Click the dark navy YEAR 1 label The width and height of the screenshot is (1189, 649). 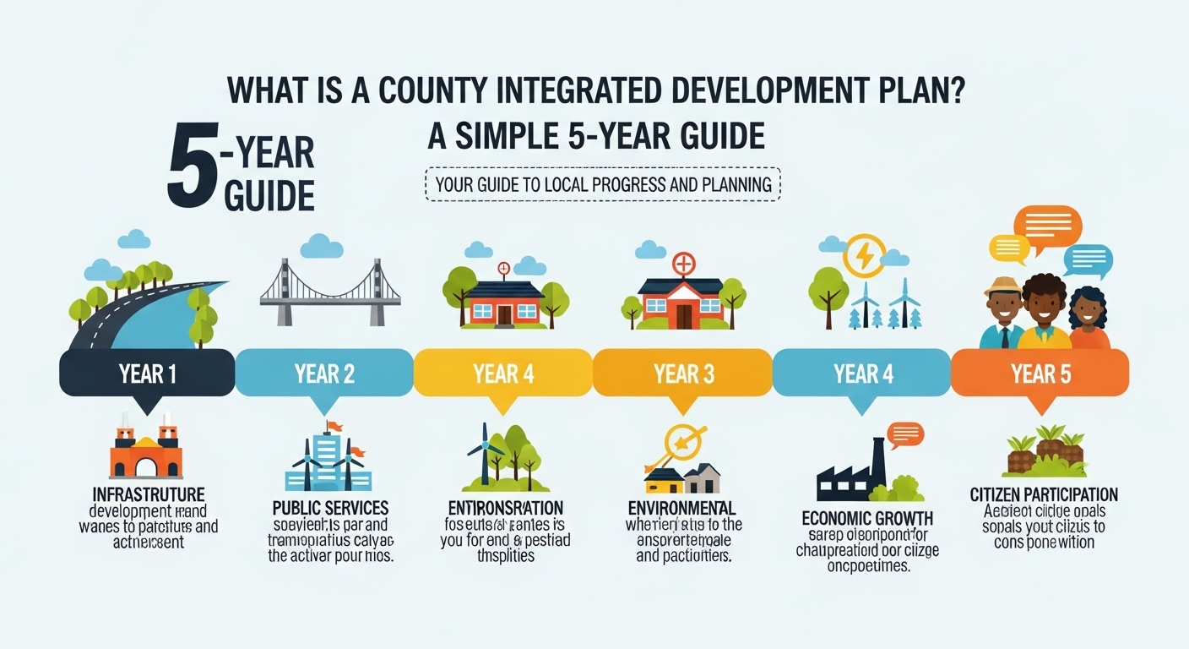[x=147, y=374]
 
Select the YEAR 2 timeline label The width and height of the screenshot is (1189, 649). [x=324, y=374]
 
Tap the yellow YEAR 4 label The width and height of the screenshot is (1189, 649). [x=503, y=374]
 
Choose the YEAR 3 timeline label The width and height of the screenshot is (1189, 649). [x=683, y=374]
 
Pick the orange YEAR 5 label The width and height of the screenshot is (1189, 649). [x=1040, y=374]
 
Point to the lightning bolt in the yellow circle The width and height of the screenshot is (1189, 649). [x=864, y=255]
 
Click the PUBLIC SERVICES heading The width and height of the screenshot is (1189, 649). [x=330, y=508]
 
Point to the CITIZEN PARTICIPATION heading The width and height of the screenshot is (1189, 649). [x=1044, y=494]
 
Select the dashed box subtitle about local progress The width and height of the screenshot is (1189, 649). [x=603, y=184]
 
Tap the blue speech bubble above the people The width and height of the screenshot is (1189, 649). [x=1088, y=259]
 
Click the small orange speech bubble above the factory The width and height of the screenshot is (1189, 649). [x=905, y=434]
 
